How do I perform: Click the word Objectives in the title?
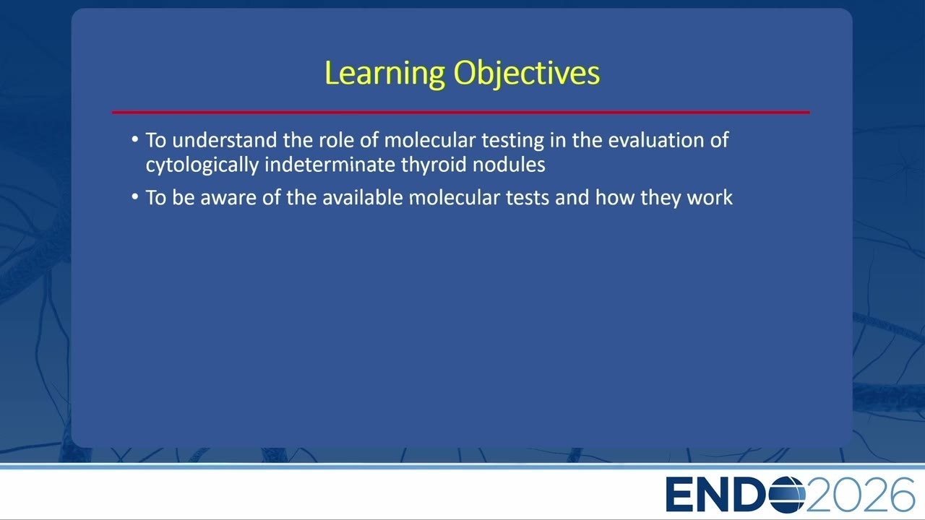[x=527, y=74]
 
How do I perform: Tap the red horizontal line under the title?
[x=461, y=112]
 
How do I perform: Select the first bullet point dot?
[x=135, y=139]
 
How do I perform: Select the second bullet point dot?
[x=135, y=196]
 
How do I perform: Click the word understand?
[x=225, y=140]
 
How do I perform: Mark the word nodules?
[x=509, y=165]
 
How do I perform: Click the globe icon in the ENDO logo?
[x=787, y=495]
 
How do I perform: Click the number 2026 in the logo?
[x=859, y=495]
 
